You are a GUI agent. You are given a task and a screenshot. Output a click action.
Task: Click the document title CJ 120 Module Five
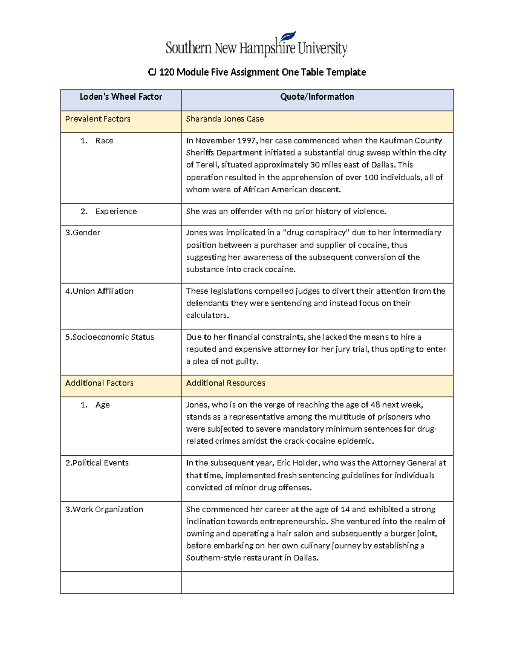click(x=257, y=72)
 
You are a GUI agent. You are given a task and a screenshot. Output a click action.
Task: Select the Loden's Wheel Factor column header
click(x=121, y=97)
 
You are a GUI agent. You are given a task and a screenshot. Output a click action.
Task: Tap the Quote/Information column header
click(x=317, y=97)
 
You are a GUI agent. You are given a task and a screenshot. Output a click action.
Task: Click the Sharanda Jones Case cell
click(x=225, y=119)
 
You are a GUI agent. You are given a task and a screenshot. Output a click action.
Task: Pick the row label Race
click(x=104, y=141)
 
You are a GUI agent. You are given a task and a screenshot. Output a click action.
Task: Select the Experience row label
click(x=116, y=212)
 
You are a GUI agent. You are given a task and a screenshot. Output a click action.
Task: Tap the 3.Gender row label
click(x=83, y=233)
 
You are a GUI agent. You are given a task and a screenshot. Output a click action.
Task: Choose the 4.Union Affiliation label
click(x=99, y=291)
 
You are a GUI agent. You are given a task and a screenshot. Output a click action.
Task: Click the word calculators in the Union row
click(x=207, y=316)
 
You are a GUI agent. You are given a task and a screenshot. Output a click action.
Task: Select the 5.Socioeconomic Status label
click(x=109, y=337)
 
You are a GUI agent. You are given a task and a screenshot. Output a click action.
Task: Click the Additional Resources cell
click(x=225, y=383)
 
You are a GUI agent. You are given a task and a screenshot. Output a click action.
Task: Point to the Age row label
click(x=102, y=405)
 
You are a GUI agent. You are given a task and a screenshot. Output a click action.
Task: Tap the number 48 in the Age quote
click(x=375, y=405)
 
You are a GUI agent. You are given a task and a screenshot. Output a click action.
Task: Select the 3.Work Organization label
click(x=104, y=510)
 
